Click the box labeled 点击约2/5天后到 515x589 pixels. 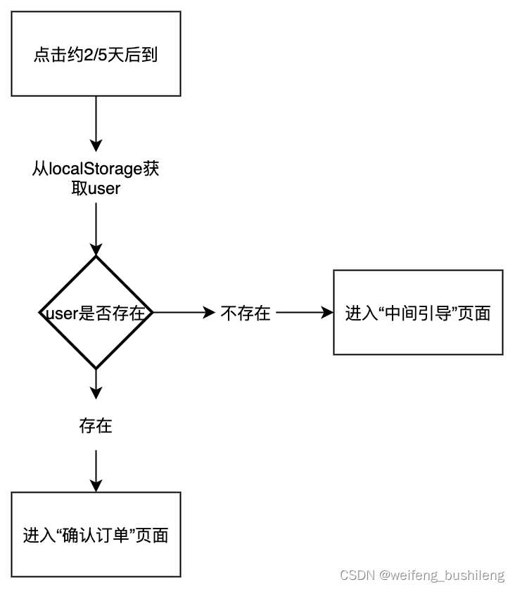pyautogui.click(x=96, y=54)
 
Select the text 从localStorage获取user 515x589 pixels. pyautogui.click(x=96, y=179)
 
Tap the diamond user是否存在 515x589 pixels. pyautogui.click(x=96, y=313)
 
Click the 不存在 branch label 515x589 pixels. pyautogui.click(x=246, y=313)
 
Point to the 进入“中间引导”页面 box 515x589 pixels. pyautogui.click(x=418, y=313)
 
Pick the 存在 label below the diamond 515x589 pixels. pyautogui.click(x=96, y=426)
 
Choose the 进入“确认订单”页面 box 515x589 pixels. pyautogui.click(x=96, y=535)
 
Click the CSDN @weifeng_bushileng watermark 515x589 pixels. pyautogui.click(x=422, y=575)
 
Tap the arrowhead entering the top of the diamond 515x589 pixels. pyautogui.click(x=96, y=249)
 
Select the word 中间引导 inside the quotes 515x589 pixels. pyautogui.click(x=418, y=313)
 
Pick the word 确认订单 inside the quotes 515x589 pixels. pyautogui.click(x=96, y=535)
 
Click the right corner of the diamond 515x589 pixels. pyautogui.click(x=152, y=313)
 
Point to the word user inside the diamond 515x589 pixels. pyautogui.click(x=60, y=313)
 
